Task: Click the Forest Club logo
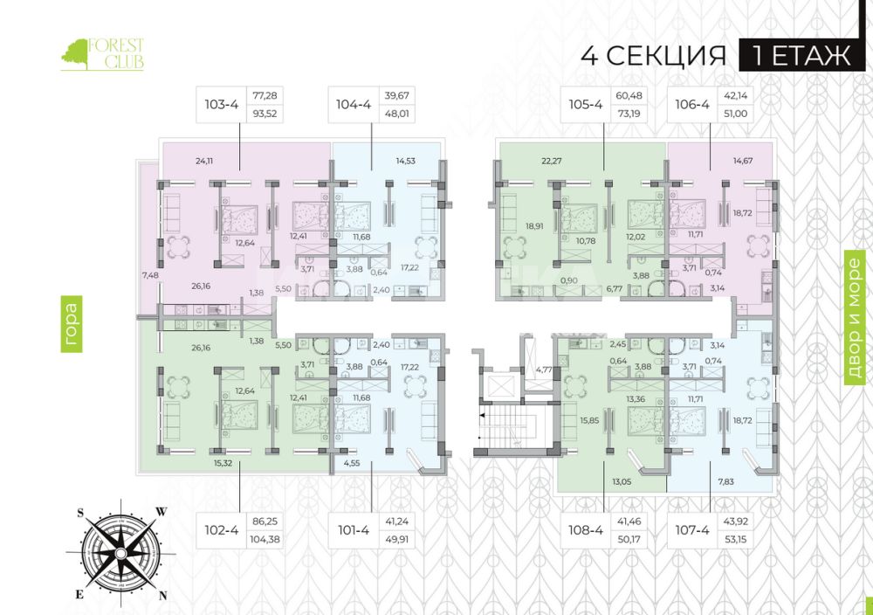(102, 54)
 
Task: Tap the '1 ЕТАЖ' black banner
(801, 56)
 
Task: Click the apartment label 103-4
(221, 104)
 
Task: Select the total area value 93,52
(265, 114)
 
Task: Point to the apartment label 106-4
(692, 104)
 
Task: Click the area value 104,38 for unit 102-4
(265, 539)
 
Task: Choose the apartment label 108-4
(585, 529)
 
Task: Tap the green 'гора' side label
(72, 324)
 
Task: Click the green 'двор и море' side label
(856, 318)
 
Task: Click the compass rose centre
(121, 553)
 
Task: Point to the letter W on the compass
(161, 511)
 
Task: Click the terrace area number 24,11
(204, 161)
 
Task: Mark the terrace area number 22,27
(551, 161)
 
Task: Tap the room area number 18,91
(534, 226)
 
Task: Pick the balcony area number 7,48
(150, 275)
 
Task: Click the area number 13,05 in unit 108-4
(622, 482)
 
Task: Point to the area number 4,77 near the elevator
(544, 369)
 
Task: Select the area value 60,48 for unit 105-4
(629, 96)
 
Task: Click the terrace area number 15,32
(223, 463)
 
